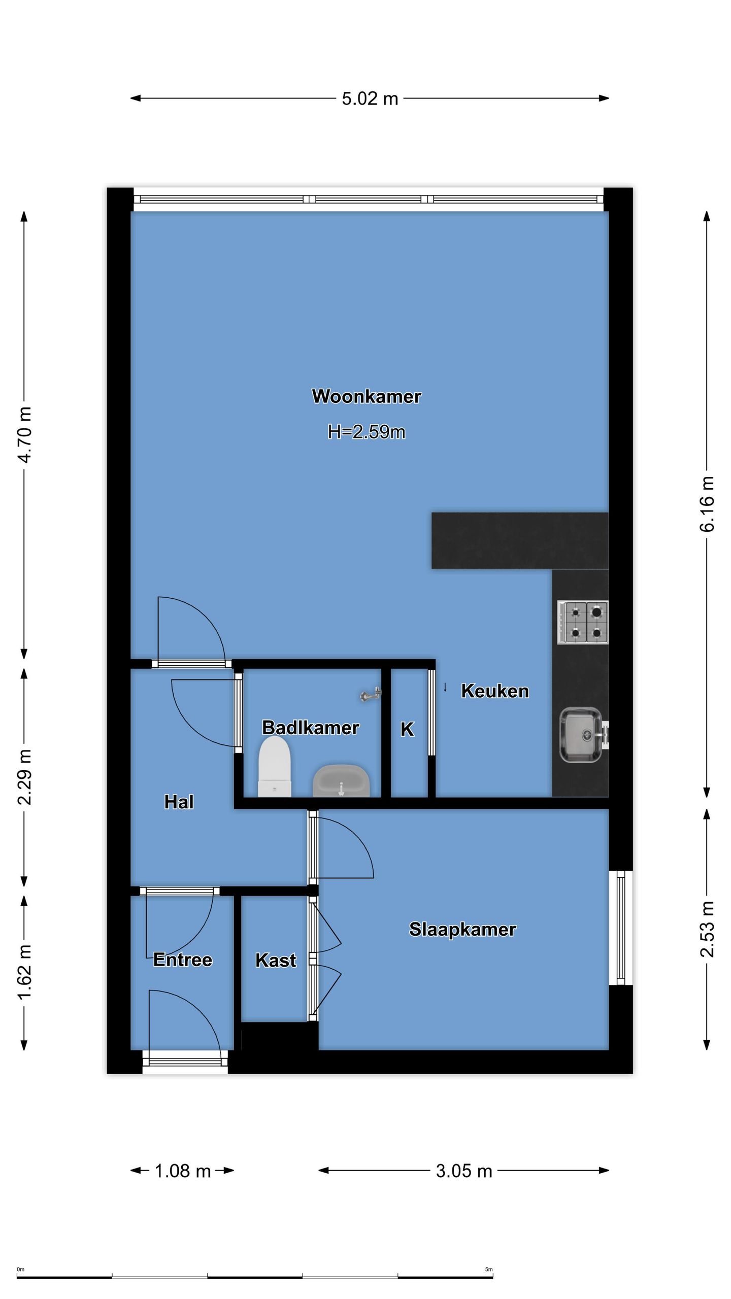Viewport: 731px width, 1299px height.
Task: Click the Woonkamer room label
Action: click(367, 396)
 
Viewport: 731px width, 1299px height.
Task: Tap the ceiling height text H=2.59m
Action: click(367, 432)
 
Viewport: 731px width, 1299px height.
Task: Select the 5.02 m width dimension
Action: click(370, 98)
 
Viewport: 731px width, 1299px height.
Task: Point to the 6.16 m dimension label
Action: click(707, 504)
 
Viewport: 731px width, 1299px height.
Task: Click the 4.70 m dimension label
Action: click(24, 434)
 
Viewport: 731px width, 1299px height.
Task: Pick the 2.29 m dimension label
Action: click(24, 777)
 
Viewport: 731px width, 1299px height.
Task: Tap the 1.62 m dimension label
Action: click(24, 972)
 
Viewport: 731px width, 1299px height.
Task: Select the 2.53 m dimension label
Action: click(707, 929)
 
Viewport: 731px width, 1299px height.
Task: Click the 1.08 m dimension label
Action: click(183, 1171)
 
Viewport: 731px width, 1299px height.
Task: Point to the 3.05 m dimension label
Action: click(464, 1171)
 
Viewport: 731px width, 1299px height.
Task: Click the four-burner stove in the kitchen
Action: click(583, 623)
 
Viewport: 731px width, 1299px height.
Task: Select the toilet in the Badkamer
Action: click(275, 767)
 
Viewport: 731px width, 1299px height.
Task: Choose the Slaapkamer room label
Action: click(462, 930)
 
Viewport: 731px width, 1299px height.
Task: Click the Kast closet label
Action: click(276, 960)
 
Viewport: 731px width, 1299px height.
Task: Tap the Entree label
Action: click(183, 960)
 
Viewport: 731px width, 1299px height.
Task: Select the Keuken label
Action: click(495, 691)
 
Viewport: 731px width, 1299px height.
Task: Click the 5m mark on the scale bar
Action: click(489, 1269)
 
